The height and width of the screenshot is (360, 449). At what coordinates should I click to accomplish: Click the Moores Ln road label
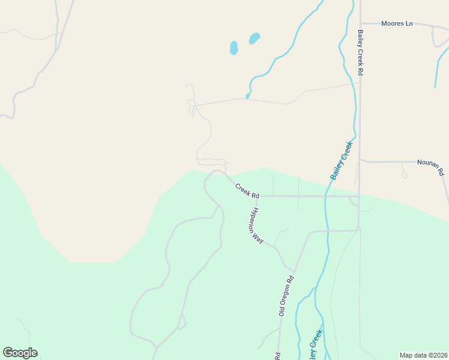point(397,24)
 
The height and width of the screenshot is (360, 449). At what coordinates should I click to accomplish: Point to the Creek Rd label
point(247,191)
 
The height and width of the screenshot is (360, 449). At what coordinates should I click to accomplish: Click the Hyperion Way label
point(257,225)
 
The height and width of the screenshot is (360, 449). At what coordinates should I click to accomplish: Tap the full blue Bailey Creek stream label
point(342,160)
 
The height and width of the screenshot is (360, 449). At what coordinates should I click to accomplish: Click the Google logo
point(20,353)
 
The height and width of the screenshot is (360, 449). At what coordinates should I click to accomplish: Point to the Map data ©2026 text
point(423,355)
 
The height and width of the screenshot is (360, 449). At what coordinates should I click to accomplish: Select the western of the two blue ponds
point(234,47)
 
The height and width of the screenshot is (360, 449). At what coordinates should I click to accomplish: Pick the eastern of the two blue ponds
point(255,38)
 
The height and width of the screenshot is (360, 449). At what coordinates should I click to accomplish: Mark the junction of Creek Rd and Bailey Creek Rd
point(359,196)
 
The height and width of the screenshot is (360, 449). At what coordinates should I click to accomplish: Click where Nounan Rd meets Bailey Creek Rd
point(360,161)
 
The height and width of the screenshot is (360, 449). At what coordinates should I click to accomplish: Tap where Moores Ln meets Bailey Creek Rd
point(362,24)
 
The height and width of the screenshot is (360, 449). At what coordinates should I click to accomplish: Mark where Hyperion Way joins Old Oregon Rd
point(293,271)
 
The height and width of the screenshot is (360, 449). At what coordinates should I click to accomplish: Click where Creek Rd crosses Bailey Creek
point(326,196)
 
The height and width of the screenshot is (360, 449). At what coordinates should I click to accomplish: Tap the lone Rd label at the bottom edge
point(278,355)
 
